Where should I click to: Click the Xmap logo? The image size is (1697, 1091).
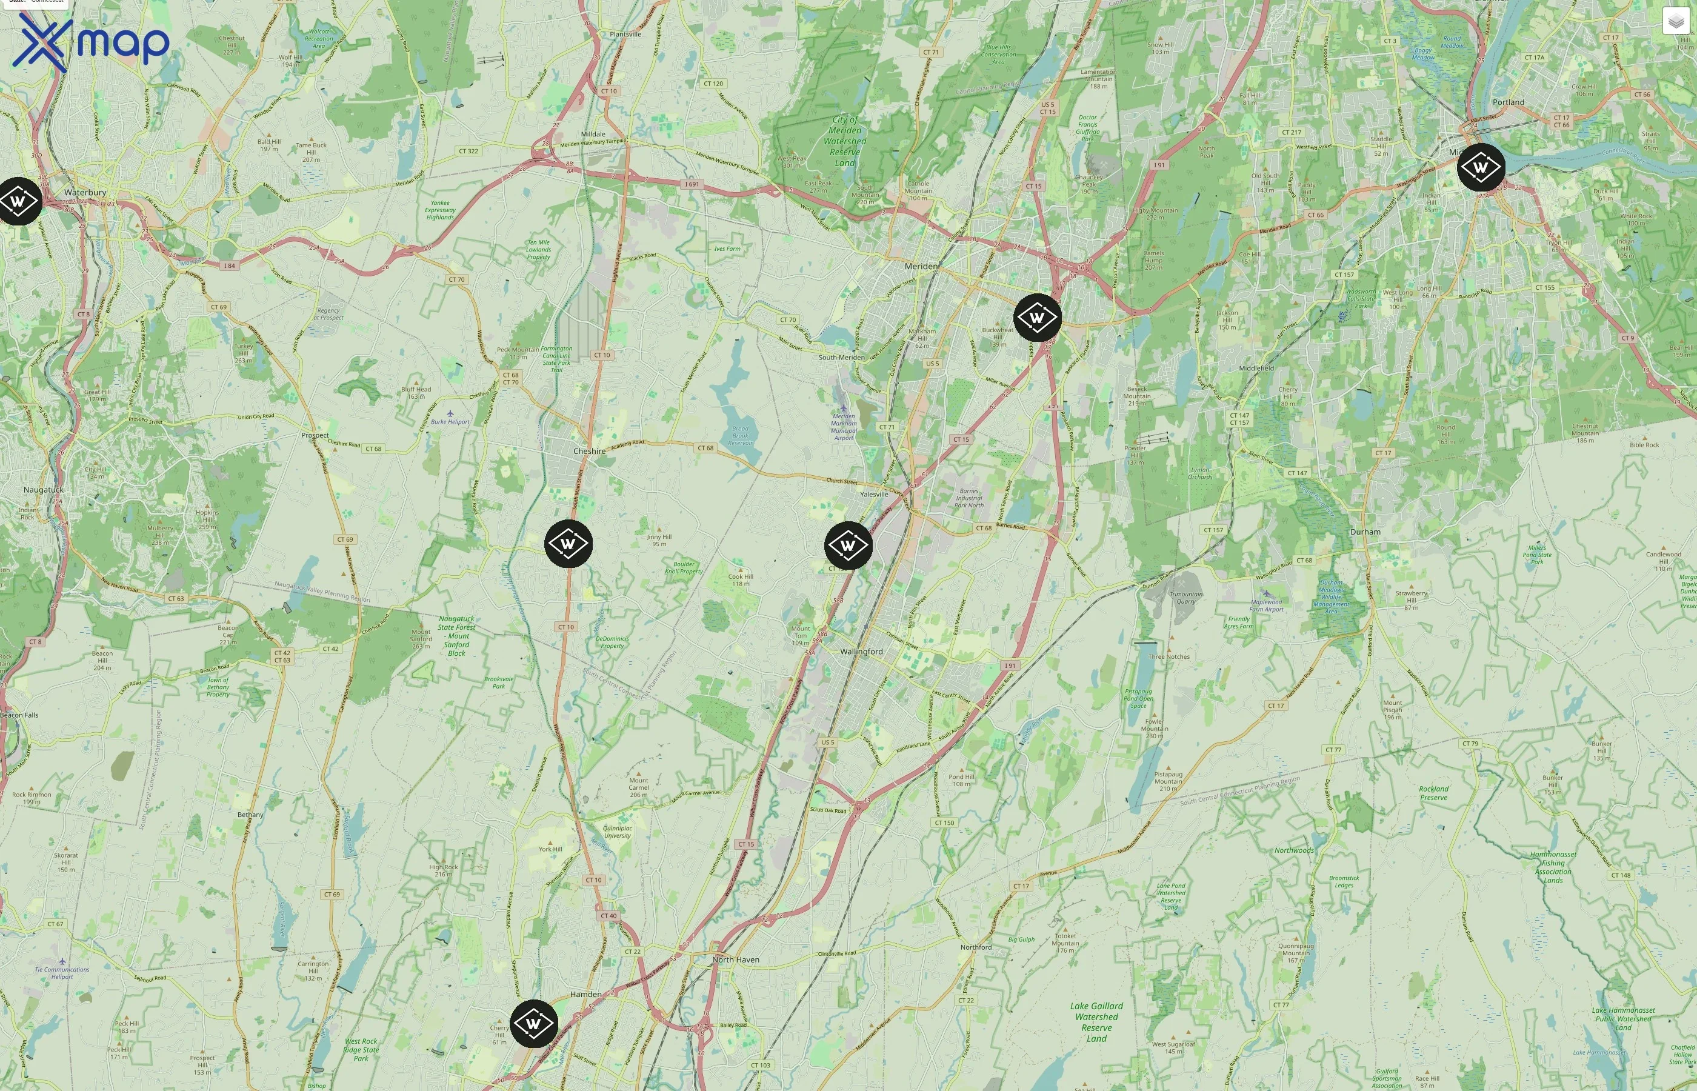click(x=91, y=42)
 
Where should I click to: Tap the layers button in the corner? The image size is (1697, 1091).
click(x=1675, y=21)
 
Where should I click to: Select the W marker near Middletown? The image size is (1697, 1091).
click(x=1480, y=168)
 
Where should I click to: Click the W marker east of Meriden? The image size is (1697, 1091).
click(x=1037, y=318)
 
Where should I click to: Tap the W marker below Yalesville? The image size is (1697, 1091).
click(x=848, y=545)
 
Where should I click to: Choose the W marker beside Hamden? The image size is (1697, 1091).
click(x=533, y=1024)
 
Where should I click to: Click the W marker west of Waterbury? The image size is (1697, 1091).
click(x=18, y=202)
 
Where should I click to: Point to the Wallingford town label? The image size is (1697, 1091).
click(x=861, y=652)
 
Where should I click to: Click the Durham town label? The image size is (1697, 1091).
click(x=1365, y=532)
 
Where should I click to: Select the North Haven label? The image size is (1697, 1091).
click(x=736, y=960)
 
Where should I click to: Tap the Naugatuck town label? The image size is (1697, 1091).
click(x=43, y=490)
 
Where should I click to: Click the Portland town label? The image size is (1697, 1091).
click(x=1508, y=102)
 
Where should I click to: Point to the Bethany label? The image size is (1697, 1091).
click(x=250, y=815)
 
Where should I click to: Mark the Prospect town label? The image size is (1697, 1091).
click(x=315, y=435)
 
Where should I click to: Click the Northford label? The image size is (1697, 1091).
click(x=976, y=947)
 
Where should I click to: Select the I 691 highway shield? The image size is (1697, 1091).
click(x=692, y=184)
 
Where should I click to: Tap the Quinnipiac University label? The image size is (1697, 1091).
click(x=617, y=832)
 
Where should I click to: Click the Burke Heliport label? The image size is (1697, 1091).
click(x=450, y=421)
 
